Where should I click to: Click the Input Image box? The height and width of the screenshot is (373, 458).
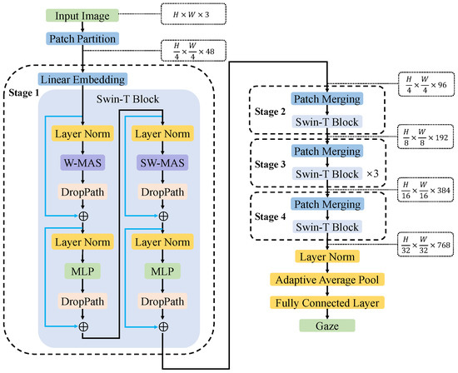pos(82,16)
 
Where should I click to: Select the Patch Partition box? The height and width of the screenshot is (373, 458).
pos(82,38)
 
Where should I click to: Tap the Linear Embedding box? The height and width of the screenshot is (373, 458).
pos(82,79)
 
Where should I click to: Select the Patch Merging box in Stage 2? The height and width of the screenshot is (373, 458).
pos(326,99)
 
